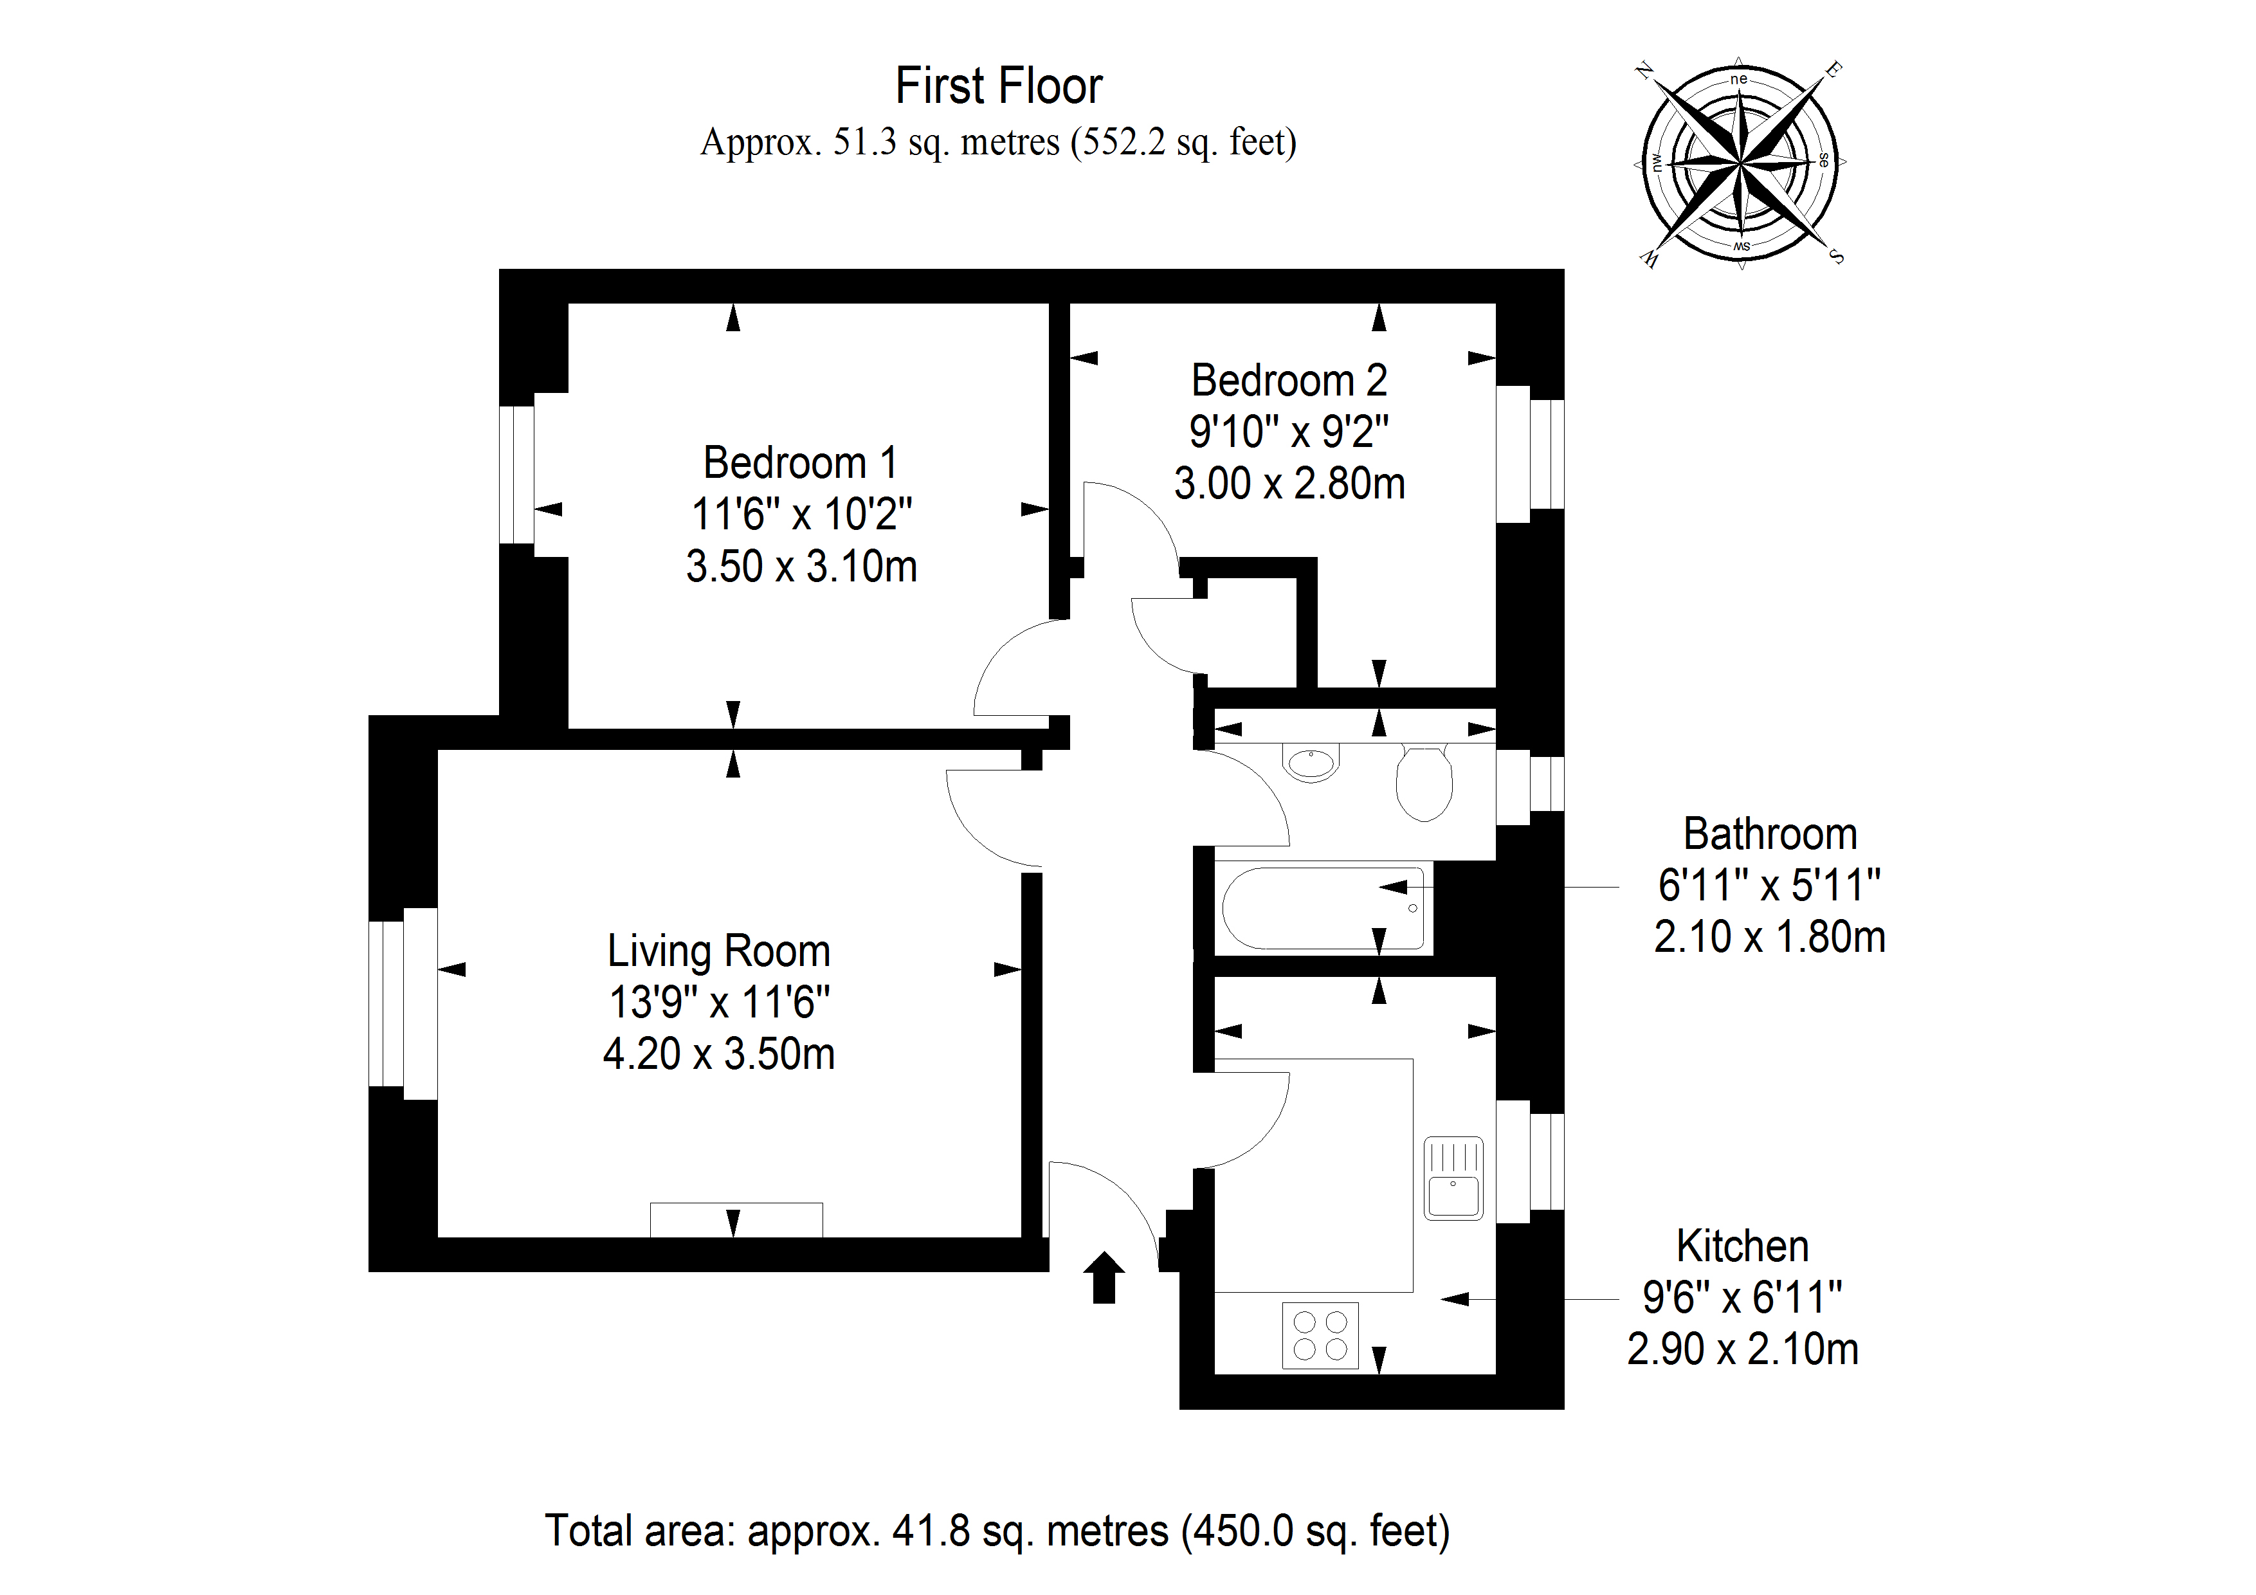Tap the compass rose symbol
tap(1740, 161)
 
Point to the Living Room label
tap(718, 951)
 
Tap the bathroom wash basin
tap(1311, 763)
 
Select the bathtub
tap(1322, 908)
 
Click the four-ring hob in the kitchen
tap(1320, 1336)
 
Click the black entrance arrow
tap(1104, 1277)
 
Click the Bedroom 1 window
tap(517, 474)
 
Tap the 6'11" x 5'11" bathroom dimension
tap(1768, 886)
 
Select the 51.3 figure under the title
tap(865, 143)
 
